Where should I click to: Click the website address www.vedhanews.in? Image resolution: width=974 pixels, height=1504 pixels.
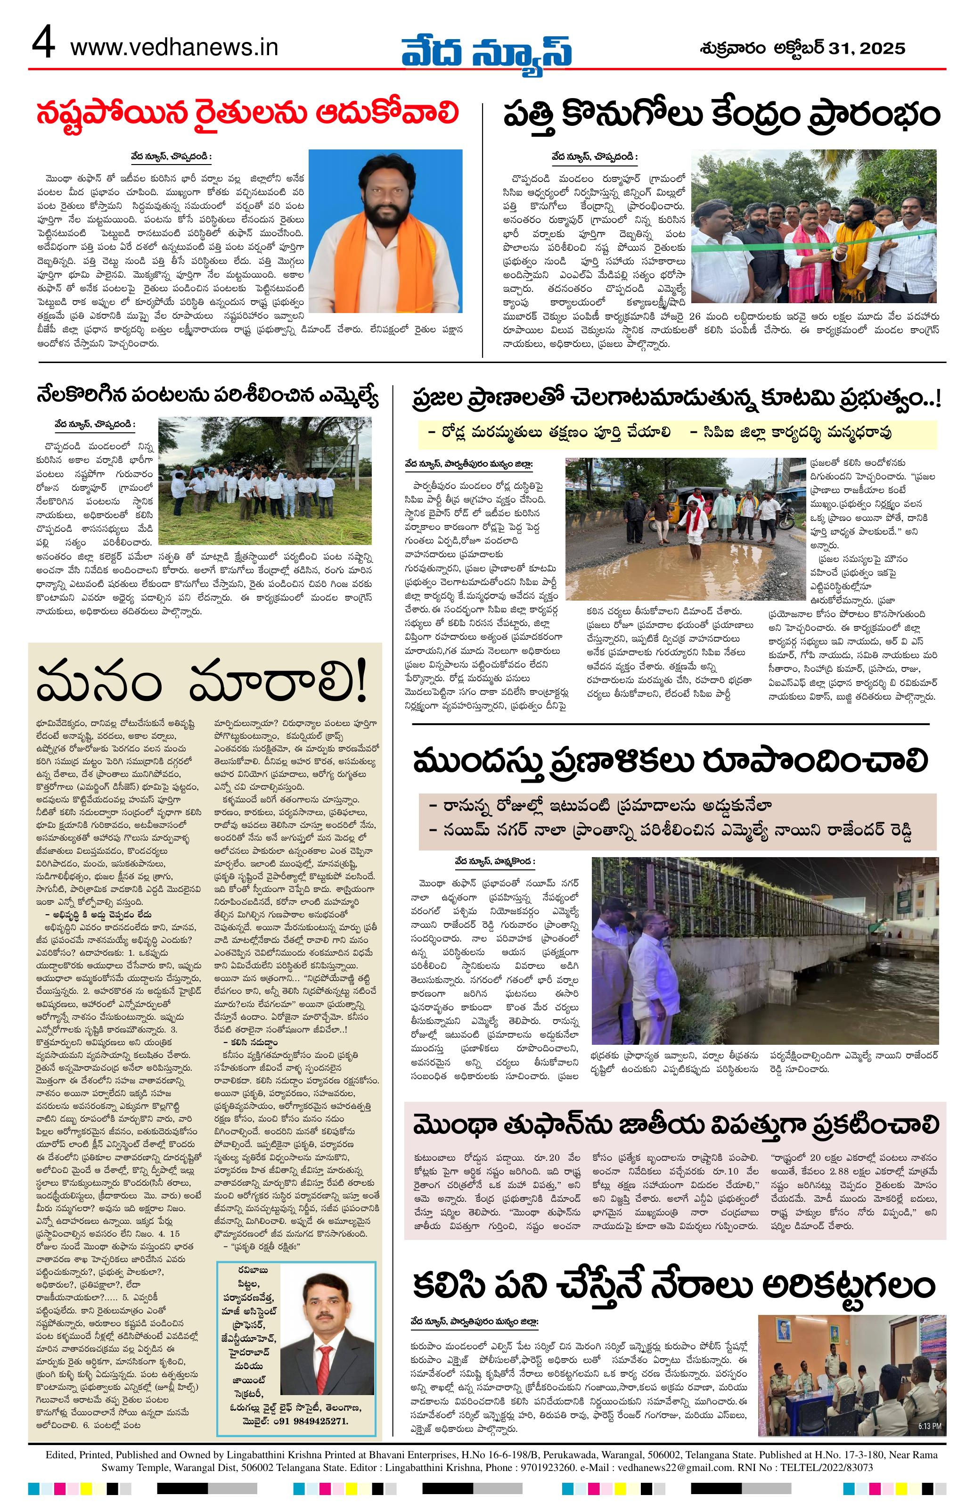[174, 48]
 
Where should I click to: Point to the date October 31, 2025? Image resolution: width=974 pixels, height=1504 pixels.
[802, 48]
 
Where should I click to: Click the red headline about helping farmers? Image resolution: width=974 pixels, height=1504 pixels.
[247, 115]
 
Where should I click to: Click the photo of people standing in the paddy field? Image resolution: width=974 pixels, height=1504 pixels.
[264, 480]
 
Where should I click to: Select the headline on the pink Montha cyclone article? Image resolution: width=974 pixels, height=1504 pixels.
[676, 1125]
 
